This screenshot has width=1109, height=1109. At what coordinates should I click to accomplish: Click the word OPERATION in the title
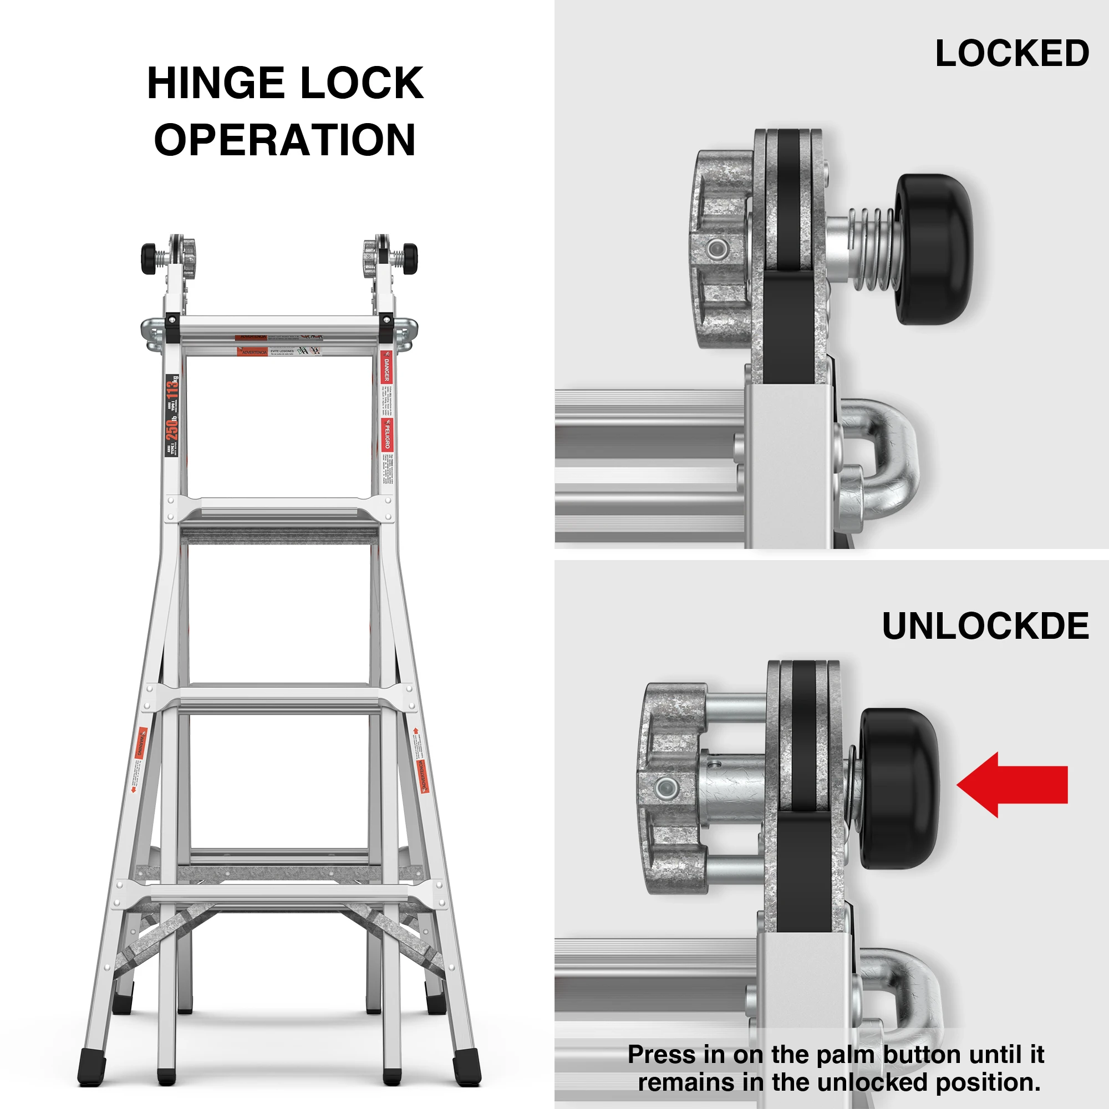pyautogui.click(x=284, y=140)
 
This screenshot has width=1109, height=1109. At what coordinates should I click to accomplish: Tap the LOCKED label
pyautogui.click(x=1012, y=53)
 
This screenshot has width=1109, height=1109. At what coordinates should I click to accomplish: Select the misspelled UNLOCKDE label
pyautogui.click(x=985, y=625)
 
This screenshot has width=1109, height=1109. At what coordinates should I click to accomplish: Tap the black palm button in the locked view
pyautogui.click(x=933, y=249)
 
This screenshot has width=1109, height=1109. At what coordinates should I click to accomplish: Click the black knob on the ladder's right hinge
pyautogui.click(x=410, y=259)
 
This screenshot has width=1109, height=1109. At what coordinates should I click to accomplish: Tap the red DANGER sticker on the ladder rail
pyautogui.click(x=386, y=368)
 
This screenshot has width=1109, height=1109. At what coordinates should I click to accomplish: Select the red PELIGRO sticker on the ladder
pyautogui.click(x=387, y=435)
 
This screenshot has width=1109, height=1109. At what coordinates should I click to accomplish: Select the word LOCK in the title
pyautogui.click(x=362, y=83)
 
